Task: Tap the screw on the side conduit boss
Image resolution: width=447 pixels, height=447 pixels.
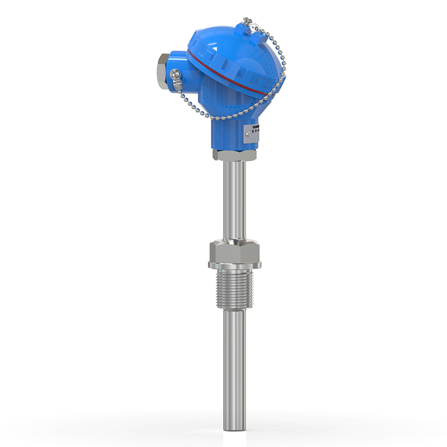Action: click(173, 75)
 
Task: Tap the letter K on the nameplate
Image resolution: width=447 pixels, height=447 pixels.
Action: click(253, 131)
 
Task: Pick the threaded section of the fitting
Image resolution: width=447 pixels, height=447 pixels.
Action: click(234, 291)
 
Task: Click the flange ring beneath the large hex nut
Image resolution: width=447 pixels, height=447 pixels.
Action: click(234, 266)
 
